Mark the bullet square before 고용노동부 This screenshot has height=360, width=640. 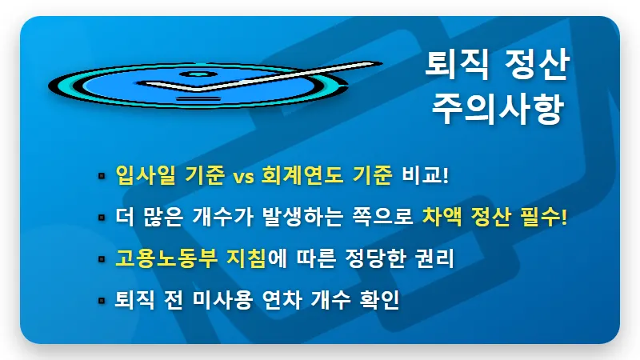[x=102, y=259]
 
